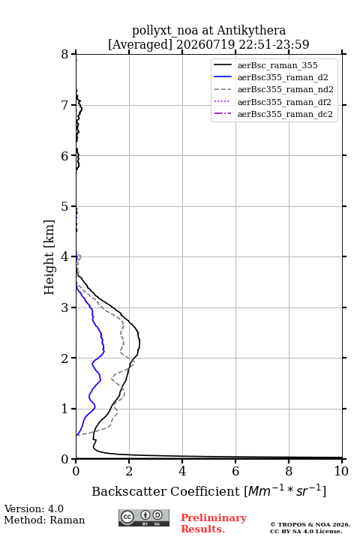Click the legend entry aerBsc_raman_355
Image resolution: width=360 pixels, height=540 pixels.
277,65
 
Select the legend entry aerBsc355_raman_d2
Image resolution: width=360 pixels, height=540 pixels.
283,77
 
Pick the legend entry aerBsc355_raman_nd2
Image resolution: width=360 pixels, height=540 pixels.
286,89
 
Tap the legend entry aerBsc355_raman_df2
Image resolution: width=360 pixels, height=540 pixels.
284,102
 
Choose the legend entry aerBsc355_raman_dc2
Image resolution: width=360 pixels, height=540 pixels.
285,114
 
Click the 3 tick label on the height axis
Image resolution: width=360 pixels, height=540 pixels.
64,307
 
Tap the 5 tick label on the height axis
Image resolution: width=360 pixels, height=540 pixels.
64,206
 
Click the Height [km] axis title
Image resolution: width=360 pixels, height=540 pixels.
49,257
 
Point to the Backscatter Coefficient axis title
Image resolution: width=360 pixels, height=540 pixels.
208,490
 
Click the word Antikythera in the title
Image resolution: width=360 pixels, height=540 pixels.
251,30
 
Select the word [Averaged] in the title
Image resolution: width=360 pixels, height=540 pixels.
139,44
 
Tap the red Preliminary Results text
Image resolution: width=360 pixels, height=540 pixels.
214,523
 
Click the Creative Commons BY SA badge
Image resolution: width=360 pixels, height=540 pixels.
144,518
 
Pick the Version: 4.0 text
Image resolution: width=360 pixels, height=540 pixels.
34,508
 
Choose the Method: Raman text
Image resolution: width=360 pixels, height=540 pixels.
44,520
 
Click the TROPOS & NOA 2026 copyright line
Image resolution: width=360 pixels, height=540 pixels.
310,524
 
